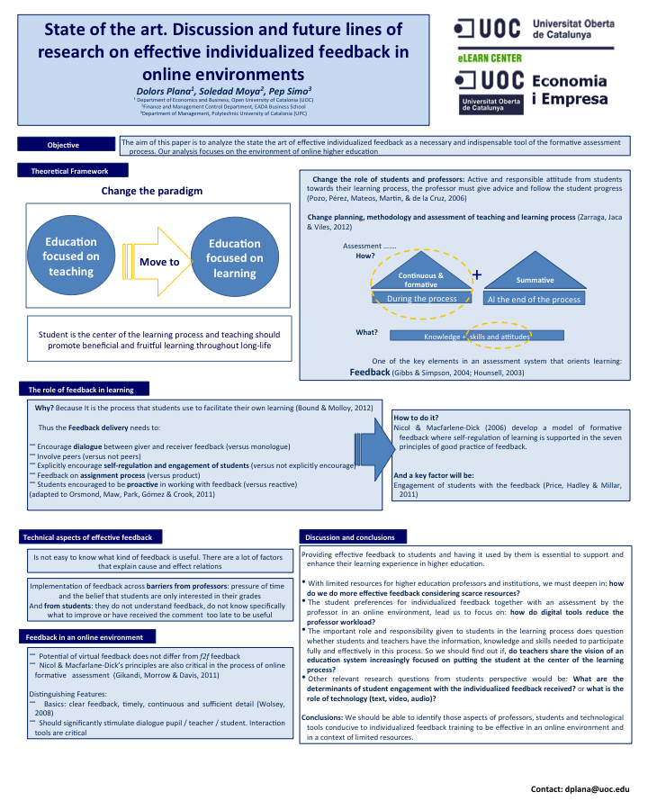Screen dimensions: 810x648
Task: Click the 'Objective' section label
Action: point(63,145)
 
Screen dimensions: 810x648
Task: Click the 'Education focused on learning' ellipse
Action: point(235,257)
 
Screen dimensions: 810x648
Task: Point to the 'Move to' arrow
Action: point(161,261)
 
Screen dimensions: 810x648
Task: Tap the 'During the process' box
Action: point(421,298)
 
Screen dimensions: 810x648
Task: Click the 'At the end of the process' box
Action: point(534,299)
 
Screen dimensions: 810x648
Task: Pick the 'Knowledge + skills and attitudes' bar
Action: point(477,336)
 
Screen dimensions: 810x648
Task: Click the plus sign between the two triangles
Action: point(476,274)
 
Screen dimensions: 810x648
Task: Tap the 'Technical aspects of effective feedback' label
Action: point(87,537)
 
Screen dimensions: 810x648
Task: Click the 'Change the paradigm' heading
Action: point(152,191)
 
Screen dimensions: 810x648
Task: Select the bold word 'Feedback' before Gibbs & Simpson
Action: point(369,371)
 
